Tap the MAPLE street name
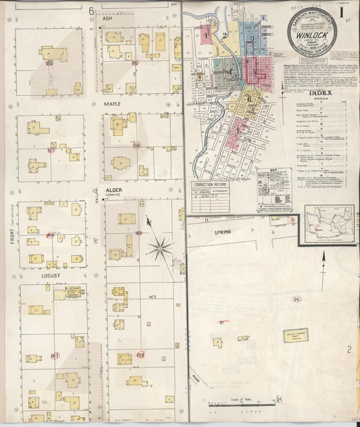point(112,105)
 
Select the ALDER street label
point(113,191)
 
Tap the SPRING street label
point(232,230)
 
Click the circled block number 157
point(51,151)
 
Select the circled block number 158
point(136,145)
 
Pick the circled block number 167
point(55,355)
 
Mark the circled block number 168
point(140,355)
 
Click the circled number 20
point(297,299)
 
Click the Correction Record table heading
point(209,184)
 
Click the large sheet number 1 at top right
point(343,11)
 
